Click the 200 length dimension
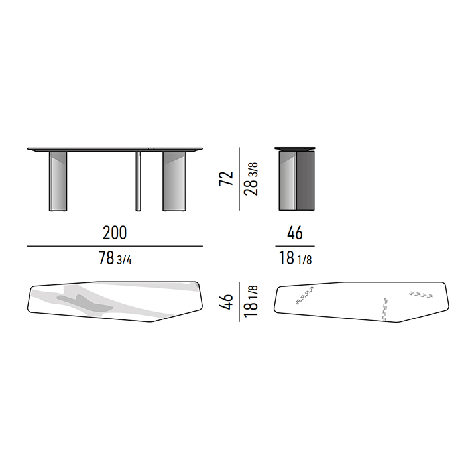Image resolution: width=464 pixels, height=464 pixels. tap(115, 233)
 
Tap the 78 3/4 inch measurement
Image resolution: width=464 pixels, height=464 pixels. tap(115, 258)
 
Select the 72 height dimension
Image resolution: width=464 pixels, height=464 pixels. tap(226, 178)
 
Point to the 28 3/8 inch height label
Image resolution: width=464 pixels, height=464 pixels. tap(251, 179)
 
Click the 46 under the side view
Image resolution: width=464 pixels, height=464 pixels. tap(295, 233)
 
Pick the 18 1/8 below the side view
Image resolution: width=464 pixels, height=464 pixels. tap(295, 258)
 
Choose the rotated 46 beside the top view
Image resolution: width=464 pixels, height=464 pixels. tap(226, 302)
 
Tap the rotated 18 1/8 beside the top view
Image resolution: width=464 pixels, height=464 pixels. tap(251, 301)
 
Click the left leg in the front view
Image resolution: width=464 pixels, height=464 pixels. tap(58, 182)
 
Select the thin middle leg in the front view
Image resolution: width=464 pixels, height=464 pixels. tap(138, 182)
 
